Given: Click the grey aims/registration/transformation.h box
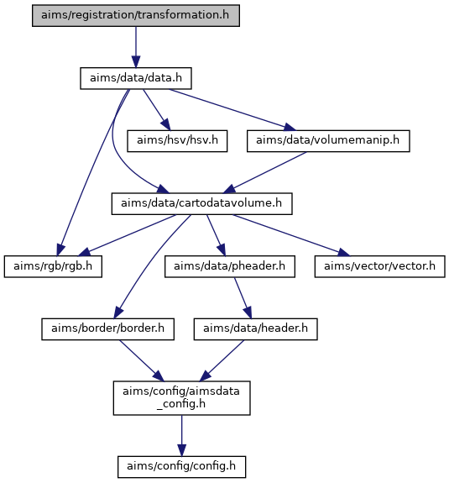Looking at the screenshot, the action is [136, 15].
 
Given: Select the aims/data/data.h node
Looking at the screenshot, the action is [136, 79].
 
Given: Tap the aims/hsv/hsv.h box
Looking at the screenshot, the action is [177, 141].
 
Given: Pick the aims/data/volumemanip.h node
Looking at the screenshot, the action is [328, 141].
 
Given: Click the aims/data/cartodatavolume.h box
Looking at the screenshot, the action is [201, 203].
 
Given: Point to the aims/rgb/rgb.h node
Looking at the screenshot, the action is [53, 266].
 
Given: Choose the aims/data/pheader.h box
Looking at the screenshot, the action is [230, 266].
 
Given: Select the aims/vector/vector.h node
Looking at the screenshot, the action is [379, 266].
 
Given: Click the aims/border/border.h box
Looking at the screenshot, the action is [107, 329].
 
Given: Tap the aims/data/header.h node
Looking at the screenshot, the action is [255, 329].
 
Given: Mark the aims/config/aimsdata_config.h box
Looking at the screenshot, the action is [181, 398].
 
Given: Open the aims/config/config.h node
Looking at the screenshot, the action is [181, 467].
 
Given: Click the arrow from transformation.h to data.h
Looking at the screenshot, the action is [136, 47].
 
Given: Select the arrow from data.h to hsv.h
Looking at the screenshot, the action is [157, 110].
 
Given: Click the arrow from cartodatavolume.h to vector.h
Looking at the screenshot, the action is [291, 235].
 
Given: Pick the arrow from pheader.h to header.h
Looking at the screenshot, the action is [243, 298].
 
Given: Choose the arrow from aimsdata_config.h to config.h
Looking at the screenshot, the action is [181, 436].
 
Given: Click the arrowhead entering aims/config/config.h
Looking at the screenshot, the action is [181, 450].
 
